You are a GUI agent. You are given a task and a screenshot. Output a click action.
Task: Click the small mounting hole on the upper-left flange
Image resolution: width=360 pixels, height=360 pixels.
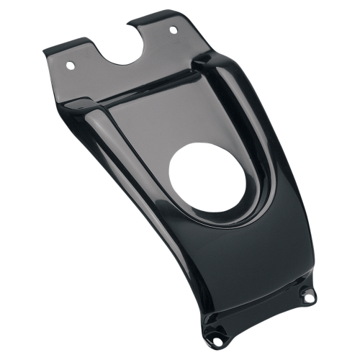70,65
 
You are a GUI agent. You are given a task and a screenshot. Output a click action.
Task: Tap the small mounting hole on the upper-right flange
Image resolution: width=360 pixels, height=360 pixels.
173,30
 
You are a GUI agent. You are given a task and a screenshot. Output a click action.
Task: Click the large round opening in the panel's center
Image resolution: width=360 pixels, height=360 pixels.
208,176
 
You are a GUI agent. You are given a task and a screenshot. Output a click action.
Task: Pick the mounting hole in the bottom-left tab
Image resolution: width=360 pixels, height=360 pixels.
215,336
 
